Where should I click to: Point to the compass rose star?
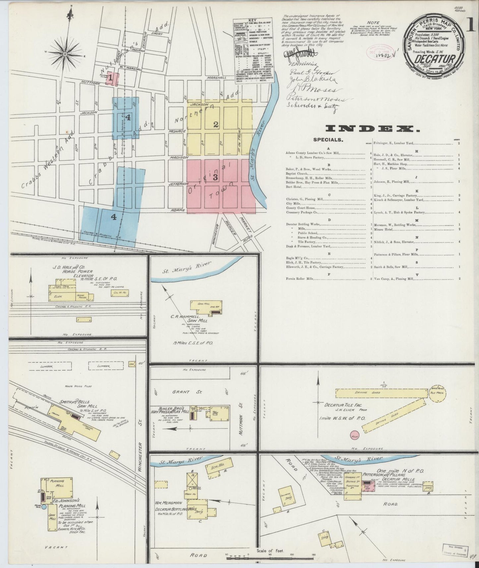pos(65,53)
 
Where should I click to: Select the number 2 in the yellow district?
pos(216,125)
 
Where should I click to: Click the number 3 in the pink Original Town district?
pos(215,177)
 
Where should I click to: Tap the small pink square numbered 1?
pos(111,78)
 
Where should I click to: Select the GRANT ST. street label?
pos(181,392)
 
